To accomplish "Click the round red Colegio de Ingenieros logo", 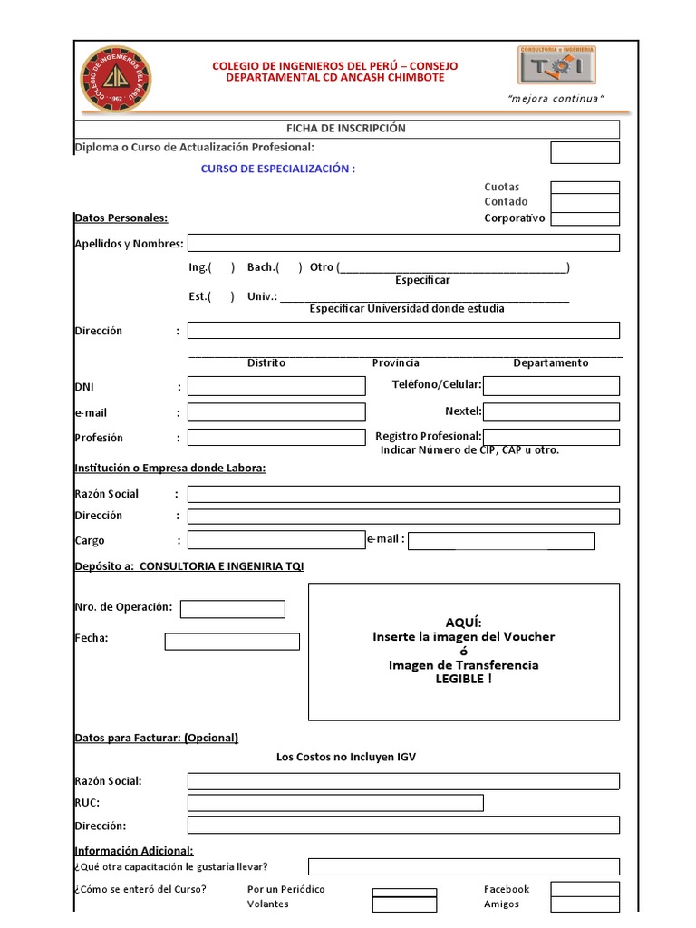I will click(x=117, y=80).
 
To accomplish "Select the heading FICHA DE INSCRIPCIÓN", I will click(x=346, y=129).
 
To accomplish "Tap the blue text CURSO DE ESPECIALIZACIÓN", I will click(x=277, y=169).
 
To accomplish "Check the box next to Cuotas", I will click(x=585, y=188).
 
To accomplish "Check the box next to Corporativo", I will click(x=585, y=218).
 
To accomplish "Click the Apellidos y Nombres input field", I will click(x=403, y=243).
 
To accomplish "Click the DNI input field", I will click(x=276, y=387).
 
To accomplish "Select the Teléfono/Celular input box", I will click(x=551, y=386).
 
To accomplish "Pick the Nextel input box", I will click(x=551, y=412).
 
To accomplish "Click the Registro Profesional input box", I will click(x=551, y=438).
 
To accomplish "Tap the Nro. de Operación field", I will click(x=233, y=609).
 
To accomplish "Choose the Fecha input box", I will click(x=232, y=642).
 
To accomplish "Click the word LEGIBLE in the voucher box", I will click(x=460, y=680).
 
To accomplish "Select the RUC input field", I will click(x=335, y=803).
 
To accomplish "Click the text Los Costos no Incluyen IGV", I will click(x=346, y=757).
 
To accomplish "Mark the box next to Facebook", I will click(x=585, y=890).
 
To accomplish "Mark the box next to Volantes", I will click(x=404, y=904).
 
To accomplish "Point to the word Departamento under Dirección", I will click(x=551, y=363).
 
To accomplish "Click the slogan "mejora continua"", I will click(x=556, y=98).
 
